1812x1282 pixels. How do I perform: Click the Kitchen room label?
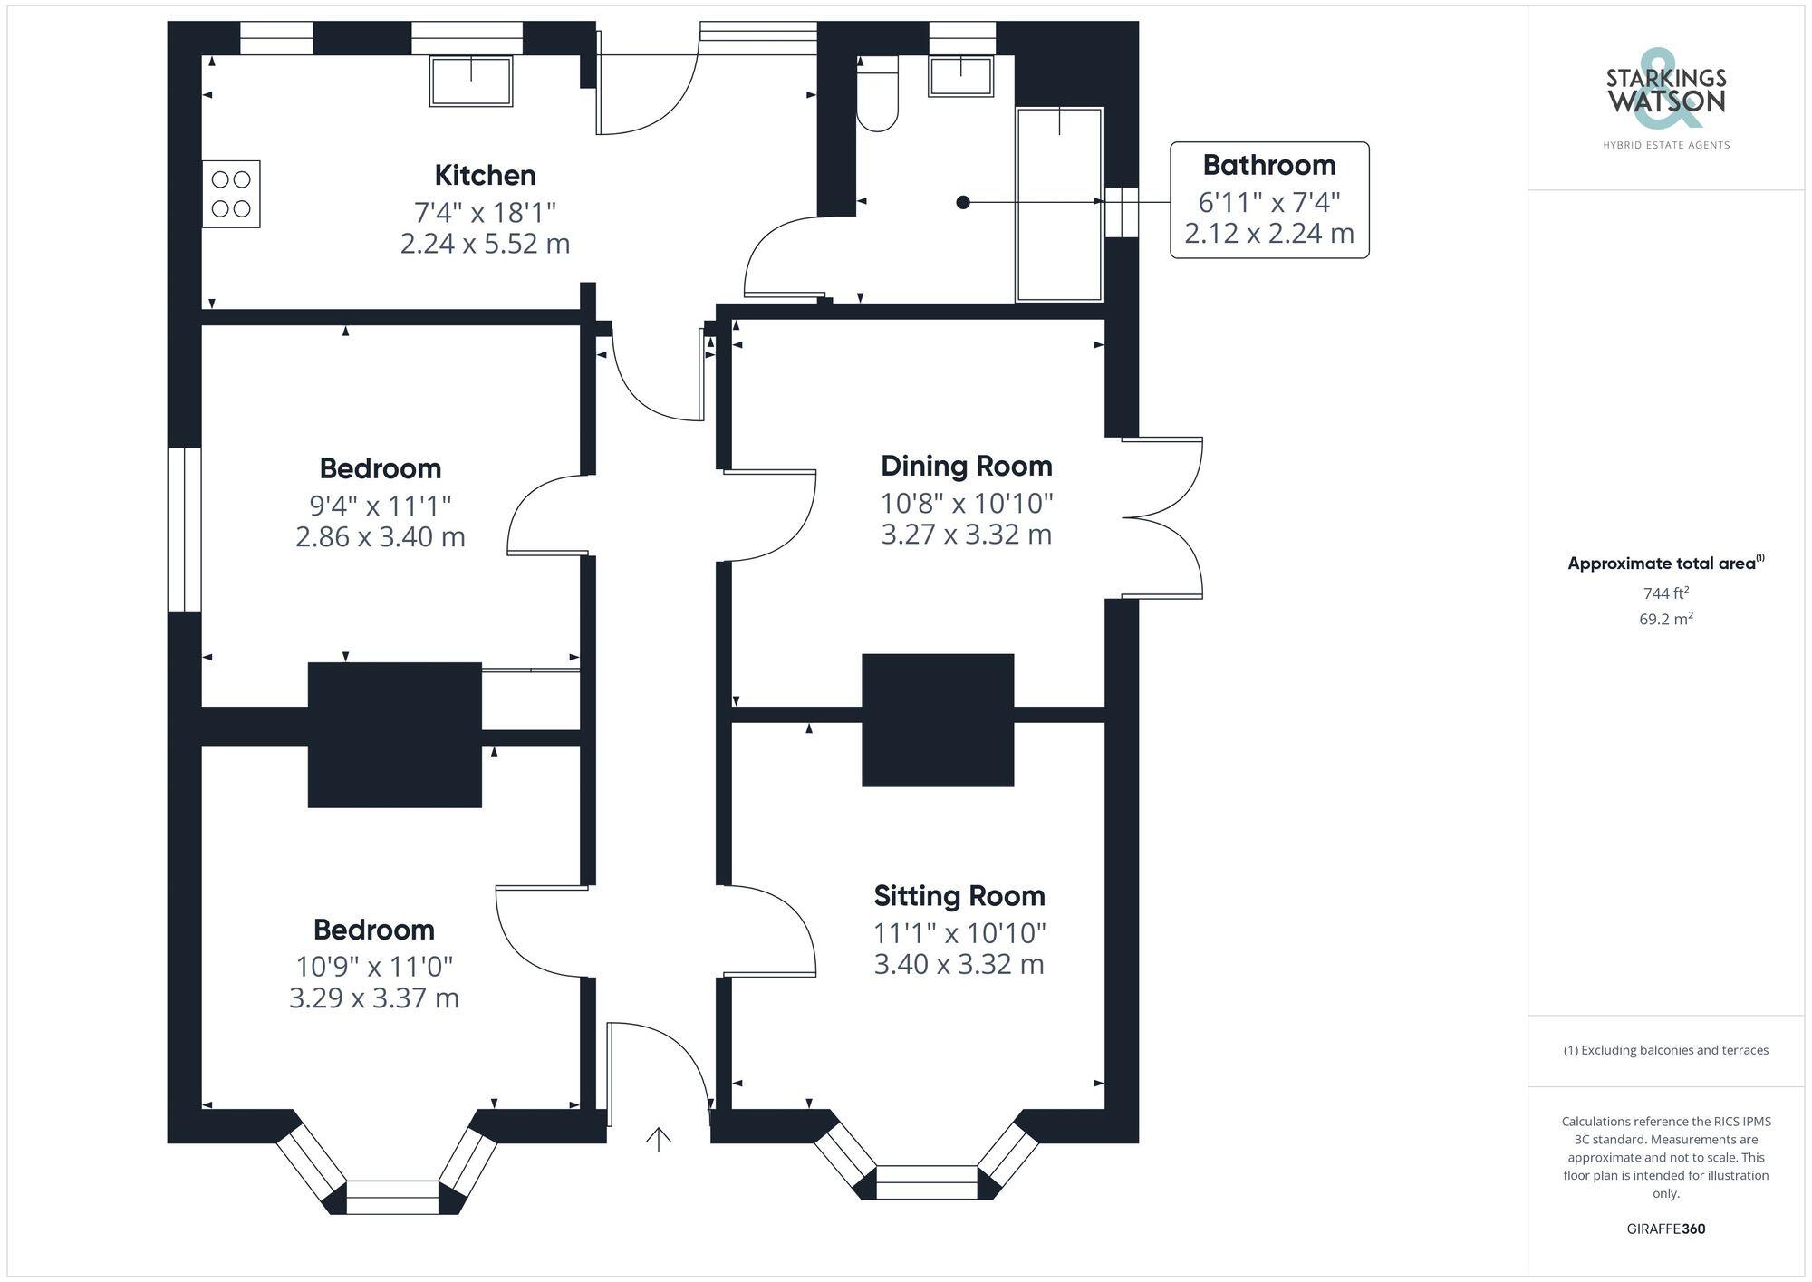[x=485, y=175]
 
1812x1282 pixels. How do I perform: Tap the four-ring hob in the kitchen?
[x=231, y=194]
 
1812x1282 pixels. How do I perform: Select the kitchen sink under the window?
[x=470, y=81]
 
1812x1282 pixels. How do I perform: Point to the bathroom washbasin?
[x=960, y=76]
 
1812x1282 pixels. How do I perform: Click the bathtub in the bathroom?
[x=1059, y=204]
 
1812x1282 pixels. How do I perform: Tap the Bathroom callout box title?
[x=1268, y=165]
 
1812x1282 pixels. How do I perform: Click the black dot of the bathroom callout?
[x=963, y=202]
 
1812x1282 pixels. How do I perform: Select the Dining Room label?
[x=966, y=466]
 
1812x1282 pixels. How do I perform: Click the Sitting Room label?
[x=959, y=896]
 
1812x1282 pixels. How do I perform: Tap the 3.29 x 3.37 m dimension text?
[x=374, y=998]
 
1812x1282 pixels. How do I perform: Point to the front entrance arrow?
[x=658, y=1139]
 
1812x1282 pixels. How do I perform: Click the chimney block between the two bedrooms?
[x=395, y=734]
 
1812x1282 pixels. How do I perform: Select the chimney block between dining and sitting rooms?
[x=937, y=719]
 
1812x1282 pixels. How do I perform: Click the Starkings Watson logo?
[x=1665, y=94]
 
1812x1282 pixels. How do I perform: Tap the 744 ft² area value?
[x=1665, y=593]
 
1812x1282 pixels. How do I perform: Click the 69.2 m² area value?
[x=1665, y=620]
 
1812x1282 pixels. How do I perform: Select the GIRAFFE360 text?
[x=1665, y=1229]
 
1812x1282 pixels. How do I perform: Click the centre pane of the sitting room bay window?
[x=927, y=1181]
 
